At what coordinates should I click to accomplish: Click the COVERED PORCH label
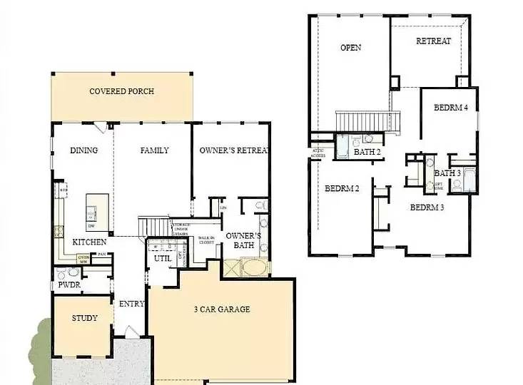point(121,91)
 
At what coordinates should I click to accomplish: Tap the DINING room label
point(83,150)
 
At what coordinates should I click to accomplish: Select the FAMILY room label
point(154,150)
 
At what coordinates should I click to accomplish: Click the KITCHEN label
point(90,242)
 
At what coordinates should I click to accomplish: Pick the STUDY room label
point(85,318)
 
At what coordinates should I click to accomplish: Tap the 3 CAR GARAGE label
point(221,309)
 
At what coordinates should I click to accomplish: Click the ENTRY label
point(131,304)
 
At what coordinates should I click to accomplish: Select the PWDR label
point(69,286)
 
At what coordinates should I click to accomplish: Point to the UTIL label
point(162,258)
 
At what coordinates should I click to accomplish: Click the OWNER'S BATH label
point(243,241)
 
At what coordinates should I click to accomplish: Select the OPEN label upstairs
point(350,48)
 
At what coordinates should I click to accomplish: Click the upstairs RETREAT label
point(433,41)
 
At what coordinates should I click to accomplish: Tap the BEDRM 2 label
point(342,189)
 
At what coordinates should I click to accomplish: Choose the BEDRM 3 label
point(427,207)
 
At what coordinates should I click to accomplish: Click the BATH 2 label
point(368,151)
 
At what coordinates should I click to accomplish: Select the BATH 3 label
point(447,173)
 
